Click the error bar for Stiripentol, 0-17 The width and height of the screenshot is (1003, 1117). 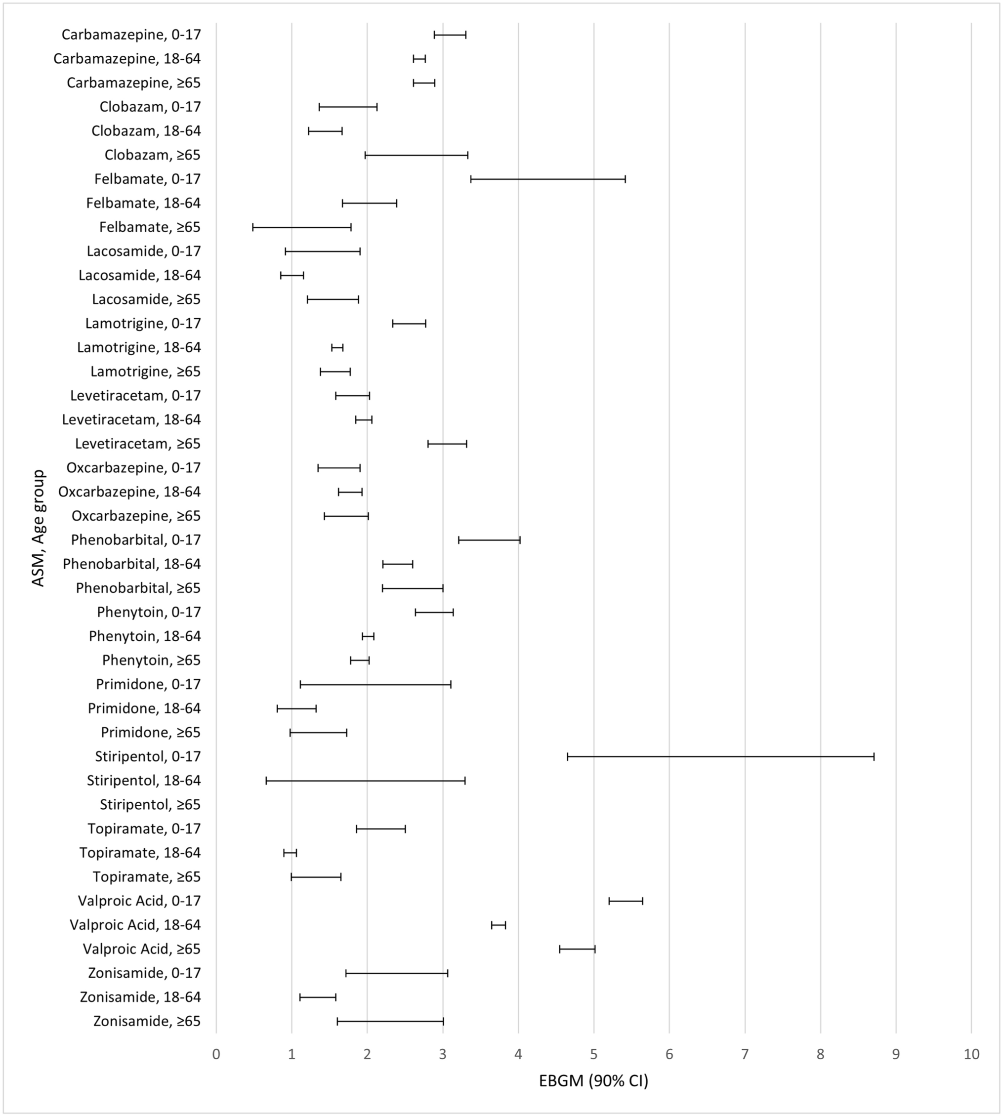(x=720, y=757)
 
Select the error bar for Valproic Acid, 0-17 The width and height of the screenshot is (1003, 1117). (x=626, y=901)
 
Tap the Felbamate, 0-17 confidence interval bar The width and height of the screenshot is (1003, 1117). (x=548, y=179)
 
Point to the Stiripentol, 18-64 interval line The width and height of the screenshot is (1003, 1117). (x=366, y=781)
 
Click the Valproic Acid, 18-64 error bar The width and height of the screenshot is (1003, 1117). (x=498, y=925)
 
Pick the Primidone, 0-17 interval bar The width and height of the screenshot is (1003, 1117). (x=376, y=684)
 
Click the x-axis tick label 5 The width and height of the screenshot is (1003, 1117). (x=593, y=1054)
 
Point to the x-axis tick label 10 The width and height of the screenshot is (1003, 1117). (x=971, y=1054)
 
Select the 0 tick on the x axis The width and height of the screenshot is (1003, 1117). (x=216, y=1054)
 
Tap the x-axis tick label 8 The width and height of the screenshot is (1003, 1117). (x=820, y=1054)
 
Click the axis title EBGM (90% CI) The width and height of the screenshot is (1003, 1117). (x=593, y=1080)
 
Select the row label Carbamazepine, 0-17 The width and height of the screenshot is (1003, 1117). (x=131, y=35)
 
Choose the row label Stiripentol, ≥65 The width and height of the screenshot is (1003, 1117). (x=150, y=805)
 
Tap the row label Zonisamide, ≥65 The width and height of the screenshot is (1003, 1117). (x=147, y=1021)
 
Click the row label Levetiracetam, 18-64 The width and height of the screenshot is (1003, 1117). (x=131, y=420)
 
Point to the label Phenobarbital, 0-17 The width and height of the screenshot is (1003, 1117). (x=135, y=540)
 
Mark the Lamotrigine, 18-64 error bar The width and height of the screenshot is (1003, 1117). (x=337, y=348)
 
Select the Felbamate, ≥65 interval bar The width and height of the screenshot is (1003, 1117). (x=301, y=227)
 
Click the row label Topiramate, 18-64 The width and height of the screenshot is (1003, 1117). (x=140, y=853)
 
